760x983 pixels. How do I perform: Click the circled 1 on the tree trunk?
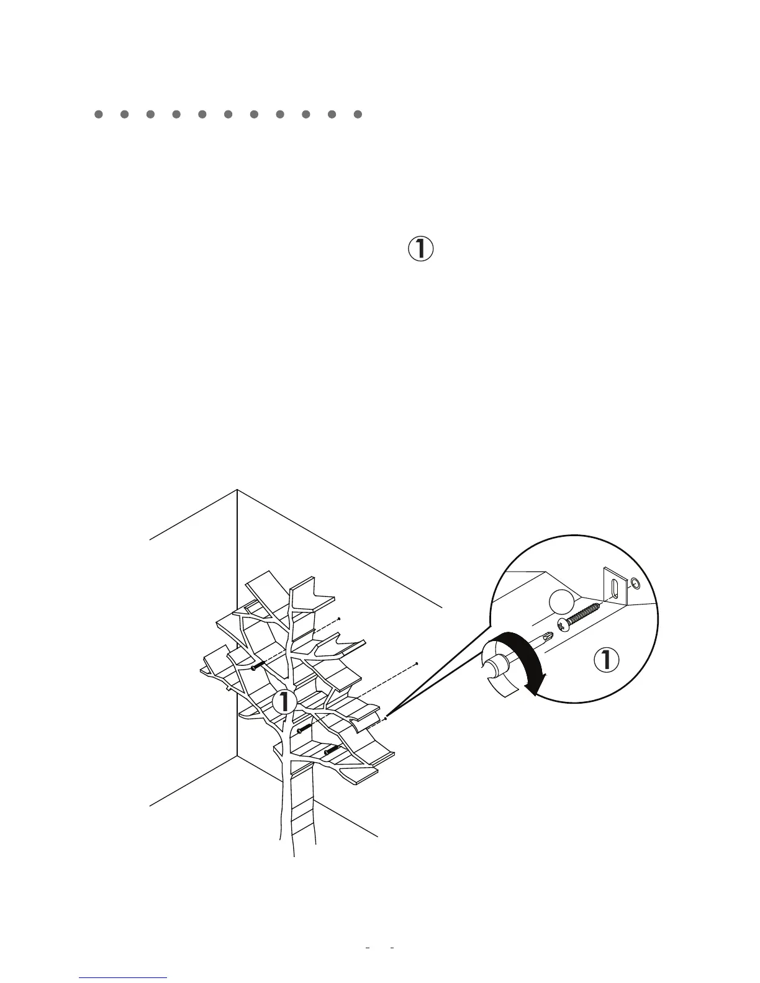coord(285,702)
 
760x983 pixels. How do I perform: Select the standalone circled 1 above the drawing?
coord(420,249)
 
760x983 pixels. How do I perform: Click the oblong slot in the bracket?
coord(614,588)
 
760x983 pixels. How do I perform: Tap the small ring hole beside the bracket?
coord(635,583)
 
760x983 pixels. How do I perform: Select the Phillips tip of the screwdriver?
coord(546,637)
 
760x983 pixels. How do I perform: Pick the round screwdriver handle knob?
coord(495,669)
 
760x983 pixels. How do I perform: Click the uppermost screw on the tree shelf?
coord(259,666)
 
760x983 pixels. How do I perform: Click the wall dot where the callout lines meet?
coord(387,719)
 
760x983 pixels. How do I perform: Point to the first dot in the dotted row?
coord(97,114)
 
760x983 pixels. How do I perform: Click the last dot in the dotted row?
coord(358,114)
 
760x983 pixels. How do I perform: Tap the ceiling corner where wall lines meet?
coord(237,490)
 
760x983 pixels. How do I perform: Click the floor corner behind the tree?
coord(237,756)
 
